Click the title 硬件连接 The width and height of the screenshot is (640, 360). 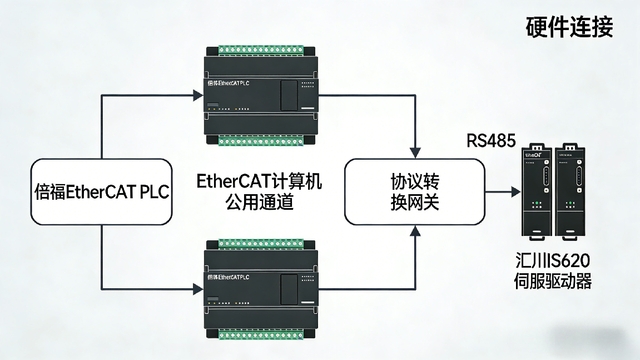tap(569, 26)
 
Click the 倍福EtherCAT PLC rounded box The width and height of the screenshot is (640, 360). tap(101, 192)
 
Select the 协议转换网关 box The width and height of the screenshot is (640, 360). tap(414, 192)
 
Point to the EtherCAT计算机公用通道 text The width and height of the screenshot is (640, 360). tap(260, 192)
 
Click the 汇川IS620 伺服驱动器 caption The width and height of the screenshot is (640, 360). tap(552, 271)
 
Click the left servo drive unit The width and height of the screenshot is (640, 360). tap(537, 193)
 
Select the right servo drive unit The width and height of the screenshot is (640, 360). tap(570, 193)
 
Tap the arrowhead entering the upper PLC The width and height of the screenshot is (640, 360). tap(197, 95)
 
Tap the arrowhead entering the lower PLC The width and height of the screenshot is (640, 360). tap(197, 289)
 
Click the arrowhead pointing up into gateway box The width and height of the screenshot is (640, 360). tap(415, 231)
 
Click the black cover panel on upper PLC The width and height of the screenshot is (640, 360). tap(289, 95)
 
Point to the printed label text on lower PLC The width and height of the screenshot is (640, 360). tap(227, 277)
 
